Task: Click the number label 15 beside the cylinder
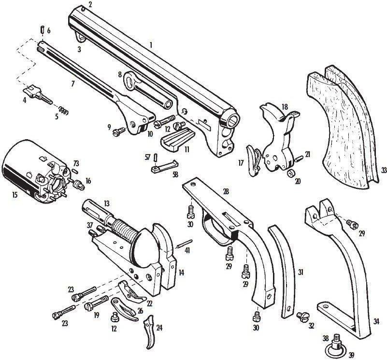click(14, 195)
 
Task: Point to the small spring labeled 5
click(63, 111)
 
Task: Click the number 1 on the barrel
click(151, 45)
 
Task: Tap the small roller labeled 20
click(291, 173)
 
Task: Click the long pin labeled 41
click(185, 244)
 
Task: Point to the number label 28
click(226, 191)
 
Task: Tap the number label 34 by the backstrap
click(376, 321)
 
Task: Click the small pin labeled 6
click(42, 30)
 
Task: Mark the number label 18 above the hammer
click(284, 107)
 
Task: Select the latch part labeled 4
click(38, 94)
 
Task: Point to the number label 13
click(107, 203)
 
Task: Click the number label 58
click(175, 174)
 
